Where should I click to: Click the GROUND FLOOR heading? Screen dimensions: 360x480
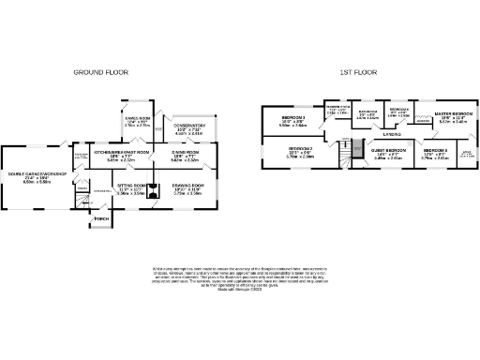102,71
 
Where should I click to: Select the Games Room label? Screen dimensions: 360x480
138,119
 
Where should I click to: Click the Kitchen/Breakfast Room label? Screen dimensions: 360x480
122,152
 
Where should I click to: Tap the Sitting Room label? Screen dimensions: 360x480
132,186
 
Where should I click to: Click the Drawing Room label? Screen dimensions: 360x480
187,186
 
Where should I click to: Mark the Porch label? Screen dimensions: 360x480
100,220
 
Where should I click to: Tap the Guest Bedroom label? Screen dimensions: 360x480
387,151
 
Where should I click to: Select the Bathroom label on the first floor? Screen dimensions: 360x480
367,113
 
